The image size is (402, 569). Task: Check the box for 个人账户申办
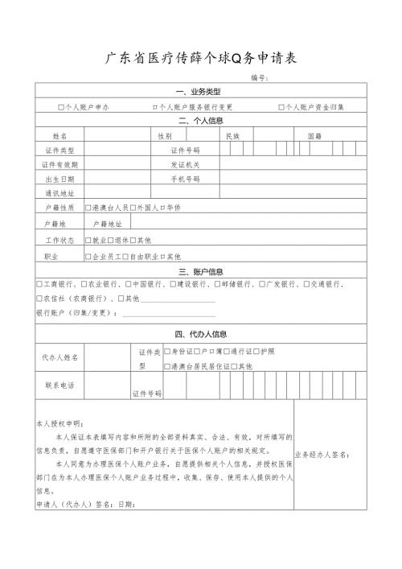click(x=61, y=107)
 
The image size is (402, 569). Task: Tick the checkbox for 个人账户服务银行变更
click(x=154, y=107)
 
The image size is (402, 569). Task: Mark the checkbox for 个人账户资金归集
click(x=281, y=107)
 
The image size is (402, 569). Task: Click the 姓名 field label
click(x=60, y=136)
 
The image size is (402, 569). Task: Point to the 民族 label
click(x=233, y=136)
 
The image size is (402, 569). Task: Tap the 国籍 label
click(x=314, y=136)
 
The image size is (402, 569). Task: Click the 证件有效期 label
click(x=60, y=164)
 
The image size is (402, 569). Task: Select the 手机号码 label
click(x=185, y=179)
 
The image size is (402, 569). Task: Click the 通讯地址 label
click(x=60, y=193)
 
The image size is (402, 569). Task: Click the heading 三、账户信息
click(x=200, y=271)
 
